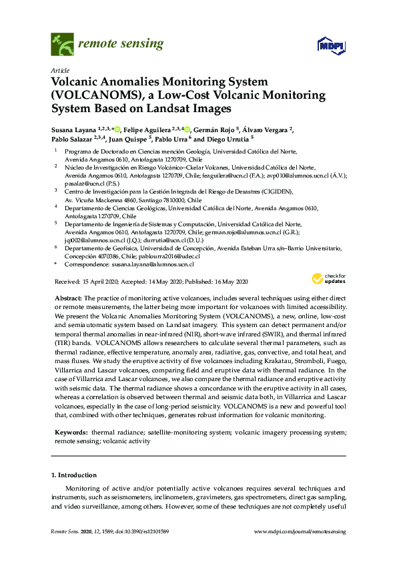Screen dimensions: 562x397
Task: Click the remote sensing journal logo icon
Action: pos(62,45)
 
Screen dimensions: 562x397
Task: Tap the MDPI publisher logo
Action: pos(332,45)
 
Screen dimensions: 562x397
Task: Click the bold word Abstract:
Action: pos(68,296)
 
